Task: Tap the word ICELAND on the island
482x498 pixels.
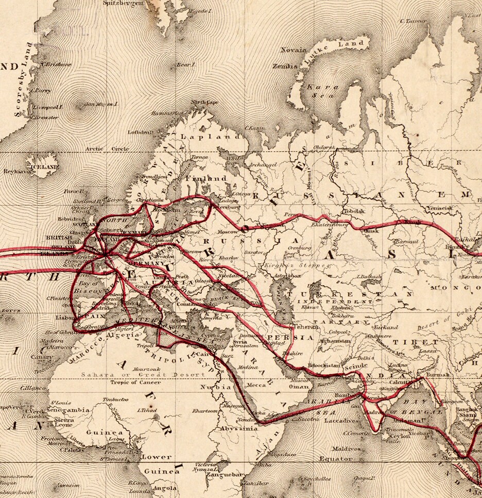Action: pyautogui.click(x=45, y=168)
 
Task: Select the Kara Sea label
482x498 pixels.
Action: pyautogui.click(x=323, y=91)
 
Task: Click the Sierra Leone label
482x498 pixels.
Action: pyautogui.click(x=64, y=422)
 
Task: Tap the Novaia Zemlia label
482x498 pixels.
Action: pyautogui.click(x=289, y=58)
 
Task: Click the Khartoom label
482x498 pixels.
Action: pyautogui.click(x=205, y=411)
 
